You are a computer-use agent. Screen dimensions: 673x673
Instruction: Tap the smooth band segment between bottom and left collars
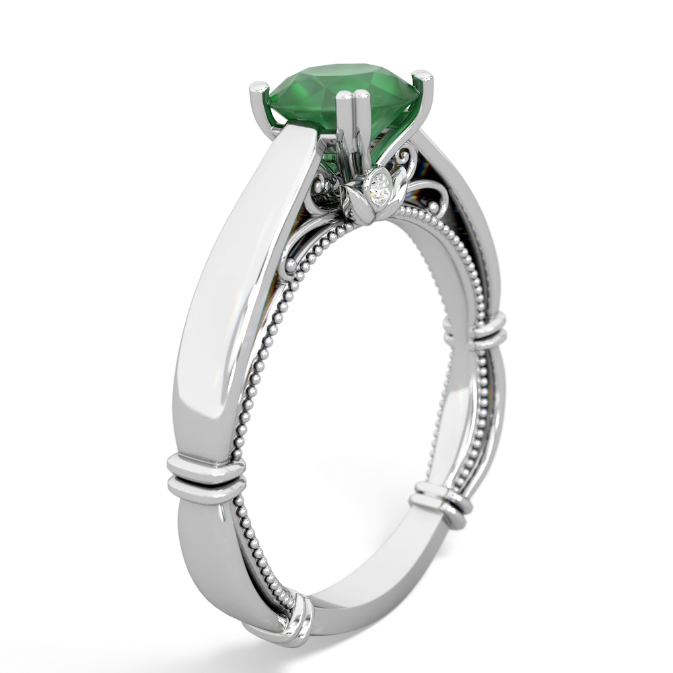[236, 559]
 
